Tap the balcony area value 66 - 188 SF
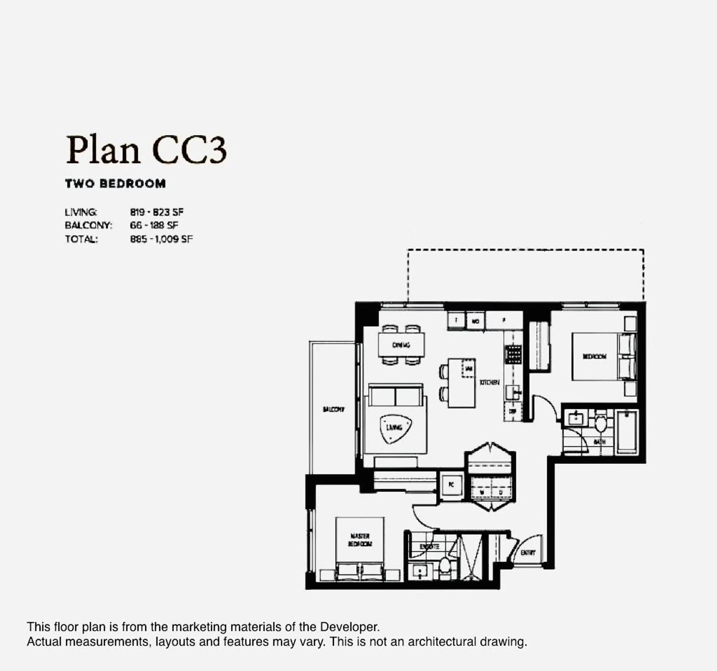[x=154, y=225]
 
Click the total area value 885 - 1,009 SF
[x=161, y=239]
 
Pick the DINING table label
[x=401, y=345]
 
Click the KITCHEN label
[x=489, y=382]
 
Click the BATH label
[x=599, y=441]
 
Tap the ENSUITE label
[x=429, y=547]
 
